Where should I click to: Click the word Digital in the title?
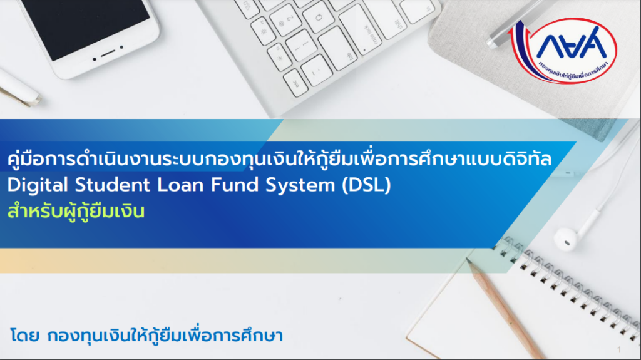click(38, 185)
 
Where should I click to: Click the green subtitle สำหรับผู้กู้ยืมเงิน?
click(76, 212)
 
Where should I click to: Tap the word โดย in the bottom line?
click(24, 336)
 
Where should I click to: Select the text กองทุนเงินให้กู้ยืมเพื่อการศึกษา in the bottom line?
click(165, 335)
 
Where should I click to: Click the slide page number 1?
click(619, 350)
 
